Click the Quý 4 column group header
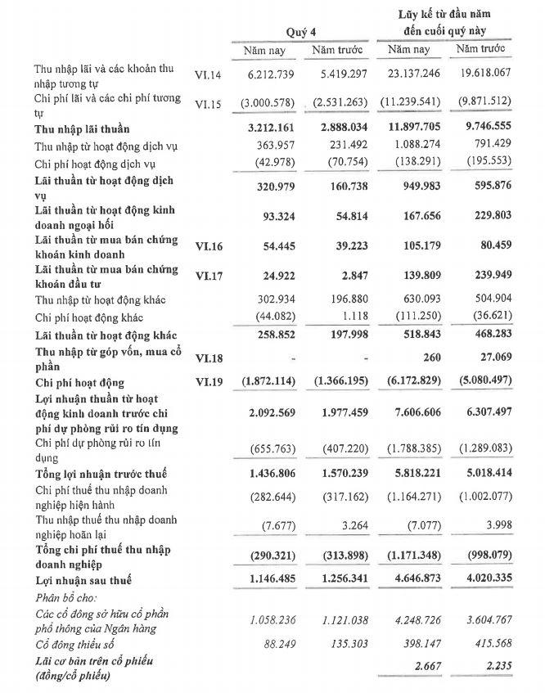[300, 31]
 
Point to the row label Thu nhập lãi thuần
[82, 128]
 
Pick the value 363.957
[268, 146]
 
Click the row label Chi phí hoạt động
[79, 382]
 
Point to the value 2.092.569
[263, 413]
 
